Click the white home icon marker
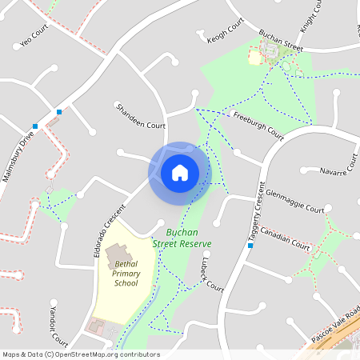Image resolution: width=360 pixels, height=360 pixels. pyautogui.click(x=179, y=172)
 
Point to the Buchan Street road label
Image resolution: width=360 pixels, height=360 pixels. pyautogui.click(x=281, y=42)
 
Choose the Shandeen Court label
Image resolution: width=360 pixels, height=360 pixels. pyautogui.click(x=140, y=116)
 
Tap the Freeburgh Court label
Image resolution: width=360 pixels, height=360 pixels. pyautogui.click(x=258, y=124)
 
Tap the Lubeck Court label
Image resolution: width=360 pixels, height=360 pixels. pyautogui.click(x=212, y=274)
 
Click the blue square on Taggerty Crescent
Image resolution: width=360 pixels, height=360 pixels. pyautogui.click(x=250, y=246)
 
